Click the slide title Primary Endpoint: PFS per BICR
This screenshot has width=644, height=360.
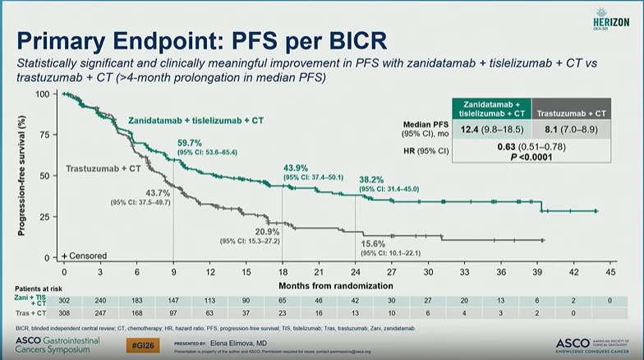point(202,42)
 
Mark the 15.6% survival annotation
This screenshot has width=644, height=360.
point(375,244)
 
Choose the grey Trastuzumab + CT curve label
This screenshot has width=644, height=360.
point(103,169)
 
